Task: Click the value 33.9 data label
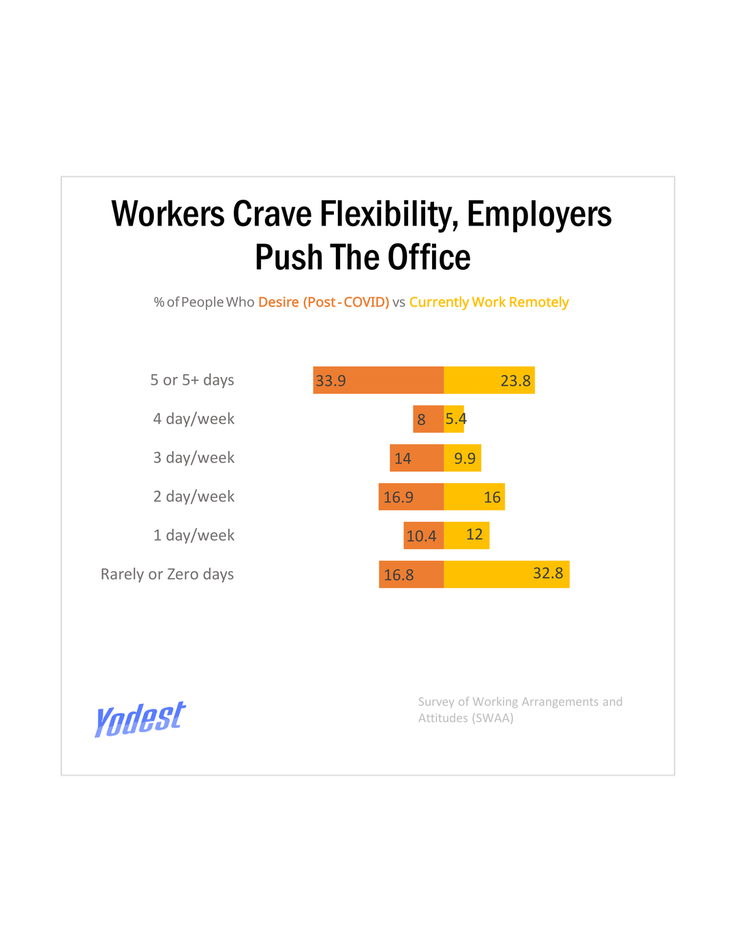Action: [331, 381]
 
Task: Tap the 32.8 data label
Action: [548, 573]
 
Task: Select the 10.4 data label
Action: [421, 536]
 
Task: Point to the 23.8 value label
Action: [515, 381]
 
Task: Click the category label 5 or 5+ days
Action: [192, 380]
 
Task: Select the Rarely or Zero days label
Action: [167, 574]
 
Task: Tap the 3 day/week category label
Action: [194, 458]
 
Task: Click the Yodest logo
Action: [140, 718]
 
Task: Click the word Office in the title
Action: [429, 258]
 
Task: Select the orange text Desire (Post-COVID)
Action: [323, 302]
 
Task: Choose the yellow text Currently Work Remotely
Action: [489, 302]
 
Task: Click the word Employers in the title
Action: [539, 214]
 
